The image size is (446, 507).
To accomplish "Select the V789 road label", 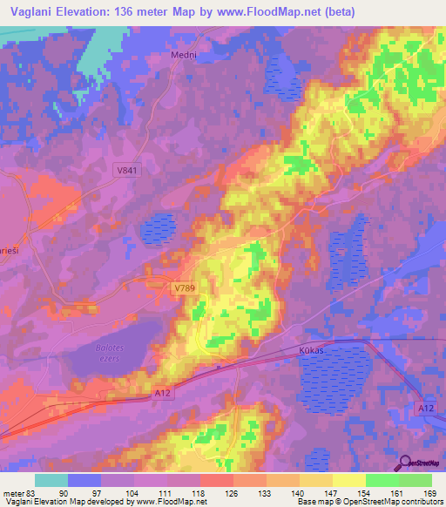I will (184, 287).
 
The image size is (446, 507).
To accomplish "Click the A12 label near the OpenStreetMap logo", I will (425, 408).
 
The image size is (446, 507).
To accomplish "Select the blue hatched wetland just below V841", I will (158, 229).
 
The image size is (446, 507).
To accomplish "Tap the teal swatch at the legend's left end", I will (51, 480).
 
